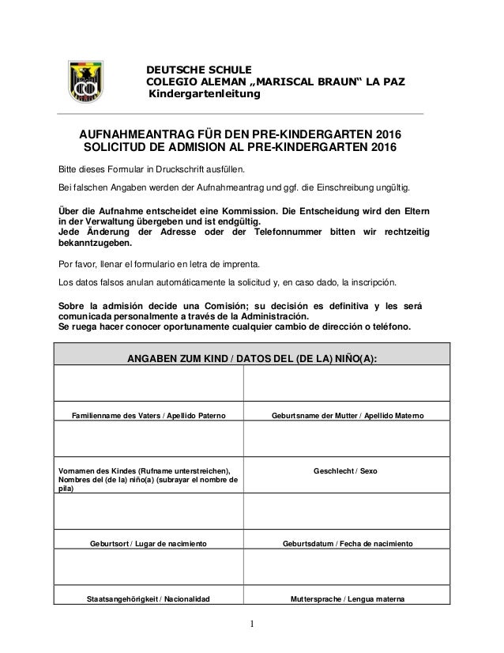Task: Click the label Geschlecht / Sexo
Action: [x=346, y=470]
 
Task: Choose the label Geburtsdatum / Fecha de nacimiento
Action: [x=346, y=543]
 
